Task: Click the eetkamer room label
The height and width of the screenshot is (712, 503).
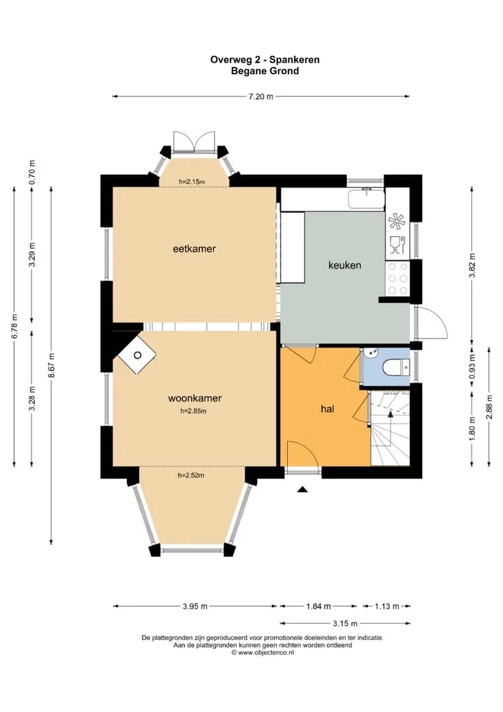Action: click(194, 249)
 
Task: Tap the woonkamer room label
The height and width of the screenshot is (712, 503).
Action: click(195, 398)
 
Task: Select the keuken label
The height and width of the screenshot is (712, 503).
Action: click(344, 265)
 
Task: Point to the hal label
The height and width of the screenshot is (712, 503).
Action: click(328, 408)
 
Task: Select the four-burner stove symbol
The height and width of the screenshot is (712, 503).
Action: click(398, 278)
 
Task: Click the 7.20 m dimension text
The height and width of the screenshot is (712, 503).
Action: click(261, 97)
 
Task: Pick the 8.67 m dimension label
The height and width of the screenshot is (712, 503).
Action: click(52, 366)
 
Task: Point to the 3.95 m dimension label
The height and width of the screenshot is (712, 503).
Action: click(195, 606)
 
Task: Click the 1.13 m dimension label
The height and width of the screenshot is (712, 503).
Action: click(387, 606)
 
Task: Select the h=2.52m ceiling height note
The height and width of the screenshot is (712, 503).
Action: click(191, 476)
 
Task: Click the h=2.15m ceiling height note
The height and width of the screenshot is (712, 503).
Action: click(192, 182)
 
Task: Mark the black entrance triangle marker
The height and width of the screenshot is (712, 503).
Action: click(302, 490)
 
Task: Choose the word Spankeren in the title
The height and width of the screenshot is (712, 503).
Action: click(295, 59)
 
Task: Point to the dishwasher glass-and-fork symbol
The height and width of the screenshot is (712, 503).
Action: click(397, 245)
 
